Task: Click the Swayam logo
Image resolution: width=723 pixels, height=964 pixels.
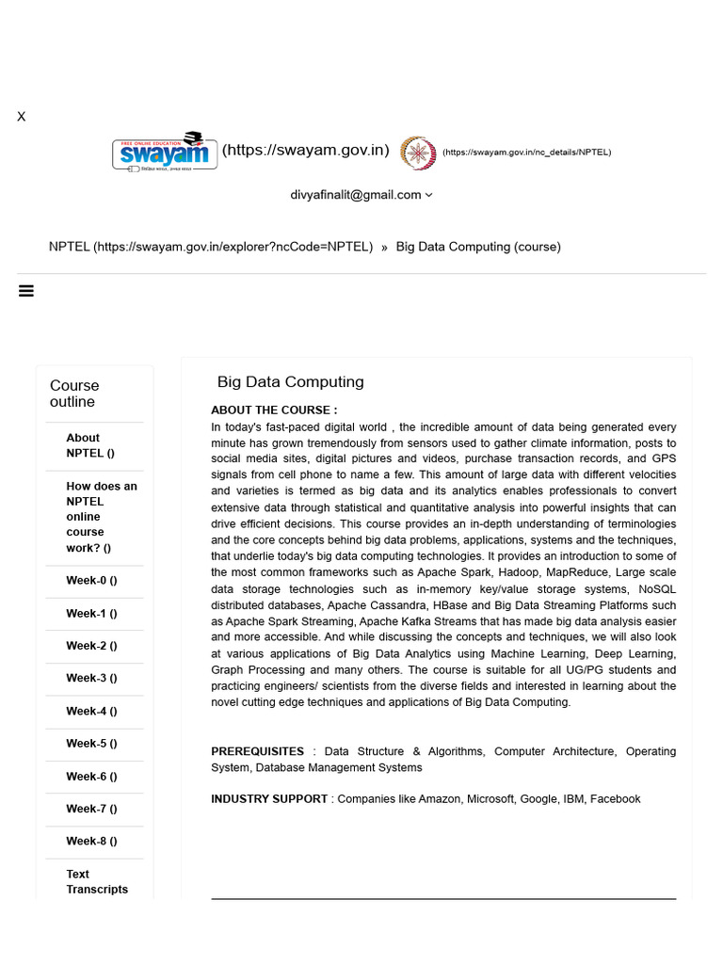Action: [165, 152]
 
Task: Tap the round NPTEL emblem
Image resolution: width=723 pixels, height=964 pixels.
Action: [418, 153]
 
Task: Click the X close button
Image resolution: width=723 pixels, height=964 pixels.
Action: [21, 117]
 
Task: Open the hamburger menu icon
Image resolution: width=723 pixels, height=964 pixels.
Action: [26, 291]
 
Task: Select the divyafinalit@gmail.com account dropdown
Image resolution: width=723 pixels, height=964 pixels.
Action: [361, 195]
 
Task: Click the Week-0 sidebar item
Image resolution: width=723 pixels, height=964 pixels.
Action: [91, 581]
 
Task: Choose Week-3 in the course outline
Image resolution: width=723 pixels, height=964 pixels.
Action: [91, 678]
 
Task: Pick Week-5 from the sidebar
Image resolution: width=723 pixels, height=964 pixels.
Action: [91, 744]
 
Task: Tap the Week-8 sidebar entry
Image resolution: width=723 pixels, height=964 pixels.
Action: [91, 841]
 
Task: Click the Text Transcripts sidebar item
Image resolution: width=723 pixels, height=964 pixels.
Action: [96, 881]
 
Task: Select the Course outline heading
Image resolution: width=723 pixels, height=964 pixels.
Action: [74, 394]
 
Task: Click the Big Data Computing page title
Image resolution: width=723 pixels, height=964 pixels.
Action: [290, 382]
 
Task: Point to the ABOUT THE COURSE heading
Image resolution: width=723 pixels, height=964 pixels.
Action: [274, 410]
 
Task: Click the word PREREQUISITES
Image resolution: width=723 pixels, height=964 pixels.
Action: [257, 751]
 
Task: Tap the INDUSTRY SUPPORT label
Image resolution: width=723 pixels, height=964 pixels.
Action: [269, 799]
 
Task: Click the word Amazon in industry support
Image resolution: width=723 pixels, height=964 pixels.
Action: [440, 799]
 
